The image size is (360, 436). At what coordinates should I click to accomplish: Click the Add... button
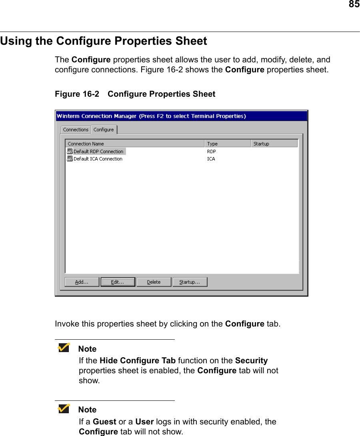coord(82,282)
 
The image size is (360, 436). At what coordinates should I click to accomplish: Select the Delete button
coord(154,282)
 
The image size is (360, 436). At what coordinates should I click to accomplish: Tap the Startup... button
coord(190,282)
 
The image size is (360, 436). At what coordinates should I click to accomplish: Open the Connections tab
coord(76,130)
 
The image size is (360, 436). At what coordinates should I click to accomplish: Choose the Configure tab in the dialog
coord(104,130)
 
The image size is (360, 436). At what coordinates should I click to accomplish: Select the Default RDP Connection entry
coord(98,151)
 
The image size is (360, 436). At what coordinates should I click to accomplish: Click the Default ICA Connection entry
coord(98,159)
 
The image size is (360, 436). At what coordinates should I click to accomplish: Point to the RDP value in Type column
coord(211,151)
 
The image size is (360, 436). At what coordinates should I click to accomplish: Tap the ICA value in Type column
coord(211,159)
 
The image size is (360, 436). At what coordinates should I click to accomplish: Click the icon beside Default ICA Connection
coord(70,159)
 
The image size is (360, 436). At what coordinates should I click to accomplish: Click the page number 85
coord(354,4)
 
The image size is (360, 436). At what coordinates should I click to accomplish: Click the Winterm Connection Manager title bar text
coord(151,116)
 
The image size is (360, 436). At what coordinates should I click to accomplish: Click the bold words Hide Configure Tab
coord(137,360)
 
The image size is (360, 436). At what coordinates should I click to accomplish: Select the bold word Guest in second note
coord(104,422)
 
